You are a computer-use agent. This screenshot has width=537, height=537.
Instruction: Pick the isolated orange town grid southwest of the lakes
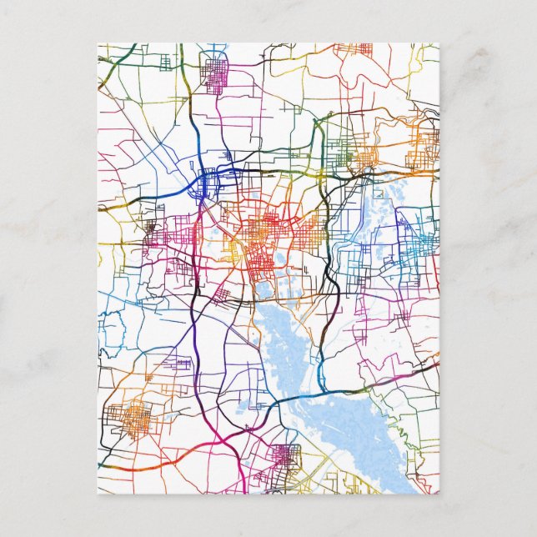133,417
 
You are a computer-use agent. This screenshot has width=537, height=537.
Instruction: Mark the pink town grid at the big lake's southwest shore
288,457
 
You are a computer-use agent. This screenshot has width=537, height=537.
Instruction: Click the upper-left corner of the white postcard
98,43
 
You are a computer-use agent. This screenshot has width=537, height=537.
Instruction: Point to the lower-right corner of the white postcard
439,494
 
